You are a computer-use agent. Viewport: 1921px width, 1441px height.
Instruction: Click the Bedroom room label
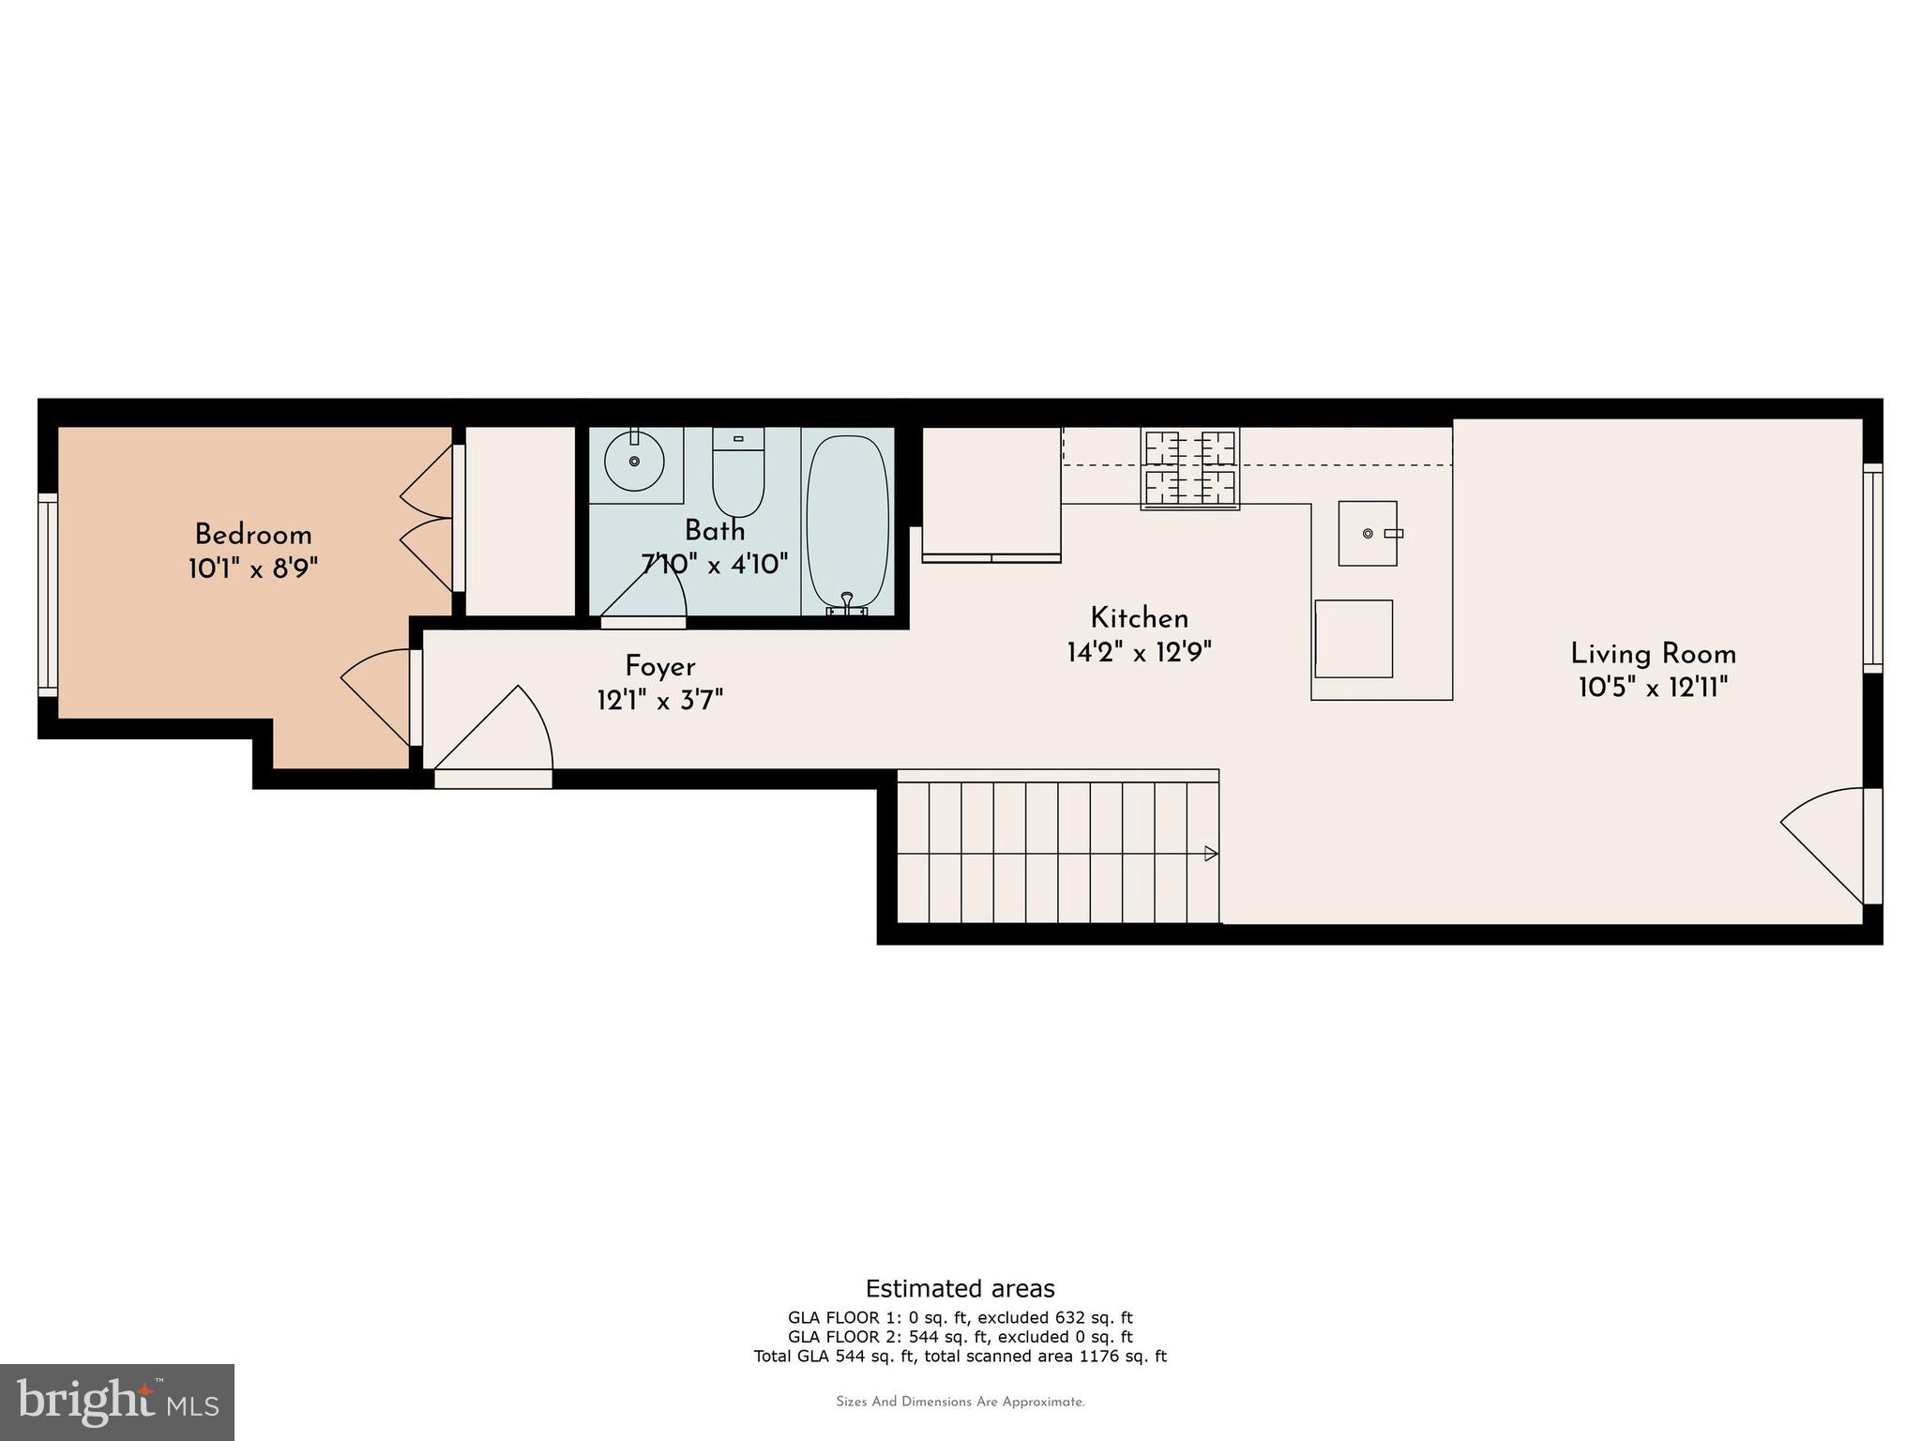click(252, 536)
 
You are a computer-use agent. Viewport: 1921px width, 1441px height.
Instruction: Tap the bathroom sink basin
click(635, 461)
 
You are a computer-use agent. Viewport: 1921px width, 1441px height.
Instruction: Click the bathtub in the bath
click(847, 521)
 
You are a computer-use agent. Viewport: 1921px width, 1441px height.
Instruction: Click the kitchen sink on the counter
click(1368, 533)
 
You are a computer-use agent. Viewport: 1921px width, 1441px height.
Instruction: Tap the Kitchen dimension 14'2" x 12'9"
click(1139, 652)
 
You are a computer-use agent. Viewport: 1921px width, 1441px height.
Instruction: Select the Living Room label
click(1653, 654)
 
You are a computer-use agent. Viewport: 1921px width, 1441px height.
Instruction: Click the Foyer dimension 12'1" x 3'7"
click(659, 700)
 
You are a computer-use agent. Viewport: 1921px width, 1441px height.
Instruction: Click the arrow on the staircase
click(1211, 854)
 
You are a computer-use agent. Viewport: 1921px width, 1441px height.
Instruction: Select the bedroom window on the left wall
click(48, 595)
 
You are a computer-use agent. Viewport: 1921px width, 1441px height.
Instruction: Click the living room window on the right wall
click(1872, 568)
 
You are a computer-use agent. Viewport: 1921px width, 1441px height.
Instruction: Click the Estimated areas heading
click(960, 1288)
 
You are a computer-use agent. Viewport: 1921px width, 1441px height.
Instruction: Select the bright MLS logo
click(117, 1402)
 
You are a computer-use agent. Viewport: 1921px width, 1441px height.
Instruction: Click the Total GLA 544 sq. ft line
click(960, 1356)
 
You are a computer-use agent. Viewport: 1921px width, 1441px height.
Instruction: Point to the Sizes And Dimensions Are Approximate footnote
click(960, 1402)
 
